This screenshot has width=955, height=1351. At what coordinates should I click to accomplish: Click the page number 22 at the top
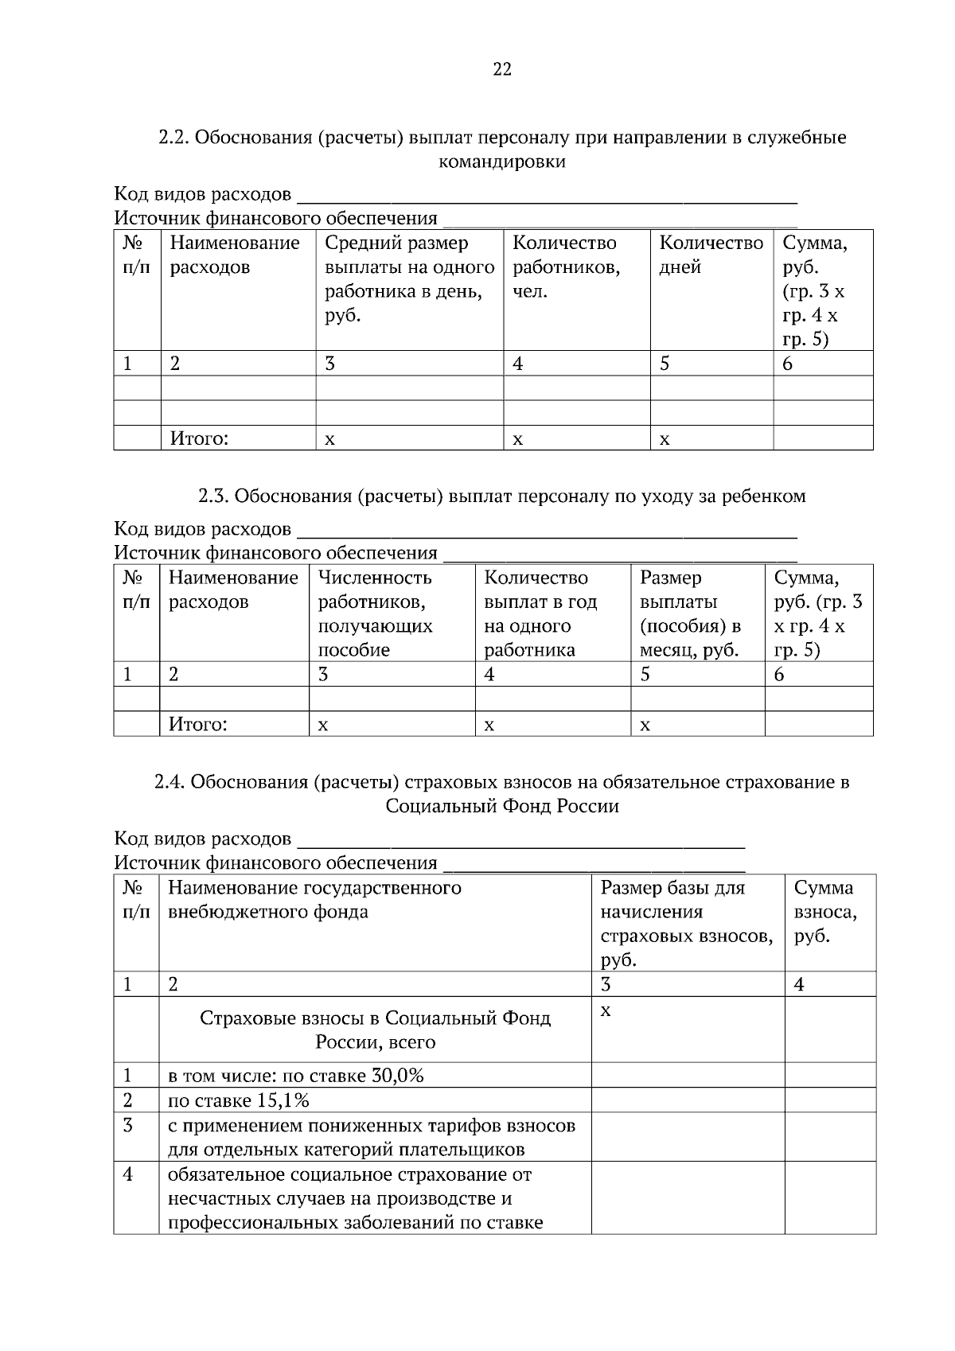pos(502,69)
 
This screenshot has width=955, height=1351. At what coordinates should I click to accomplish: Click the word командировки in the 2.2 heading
pos(502,162)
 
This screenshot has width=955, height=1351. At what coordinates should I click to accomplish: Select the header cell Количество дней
pos(711,255)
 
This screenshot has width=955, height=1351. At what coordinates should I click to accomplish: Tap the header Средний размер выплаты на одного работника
pos(409,278)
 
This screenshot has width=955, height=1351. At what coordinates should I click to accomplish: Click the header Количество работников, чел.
pos(566,267)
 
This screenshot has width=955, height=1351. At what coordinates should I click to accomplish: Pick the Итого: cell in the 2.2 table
pos(199,438)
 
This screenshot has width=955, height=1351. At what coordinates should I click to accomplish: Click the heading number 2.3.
pos(213,496)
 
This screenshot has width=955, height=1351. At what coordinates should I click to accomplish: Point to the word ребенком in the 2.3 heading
pos(763,496)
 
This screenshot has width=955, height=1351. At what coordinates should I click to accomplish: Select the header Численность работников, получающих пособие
pos(375,613)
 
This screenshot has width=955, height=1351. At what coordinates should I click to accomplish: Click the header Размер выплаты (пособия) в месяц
pos(690,613)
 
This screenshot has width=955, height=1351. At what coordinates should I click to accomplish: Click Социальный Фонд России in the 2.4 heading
pos(502,806)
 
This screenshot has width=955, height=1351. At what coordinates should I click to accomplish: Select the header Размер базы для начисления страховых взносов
pos(686,923)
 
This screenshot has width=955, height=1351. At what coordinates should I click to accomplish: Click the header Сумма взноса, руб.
pos(825,912)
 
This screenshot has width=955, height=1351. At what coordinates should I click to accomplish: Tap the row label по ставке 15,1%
pos(239,1101)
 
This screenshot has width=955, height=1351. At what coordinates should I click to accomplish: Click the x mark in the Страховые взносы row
pos(606,1010)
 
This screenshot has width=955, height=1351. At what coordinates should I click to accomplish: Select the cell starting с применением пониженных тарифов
pos(371,1138)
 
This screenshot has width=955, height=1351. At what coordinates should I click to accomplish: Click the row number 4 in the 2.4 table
pos(128,1174)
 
